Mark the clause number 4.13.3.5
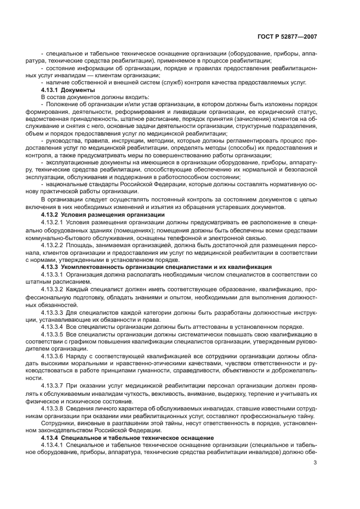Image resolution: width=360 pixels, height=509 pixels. coord(53,334)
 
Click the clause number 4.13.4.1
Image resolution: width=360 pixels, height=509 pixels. coord(53,445)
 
